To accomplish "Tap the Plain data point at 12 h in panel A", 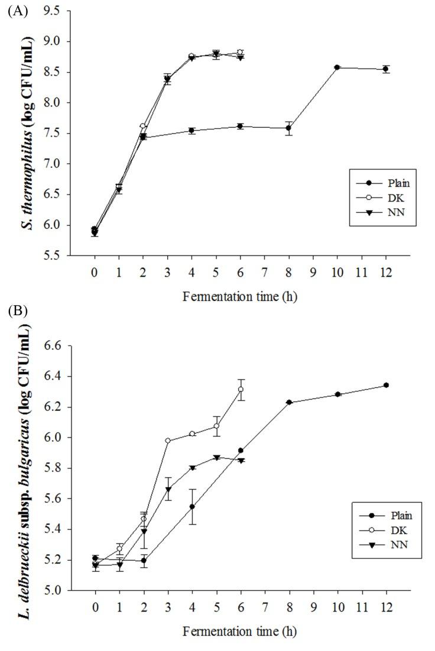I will (x=385, y=69).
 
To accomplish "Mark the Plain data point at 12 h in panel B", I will (x=385, y=385).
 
